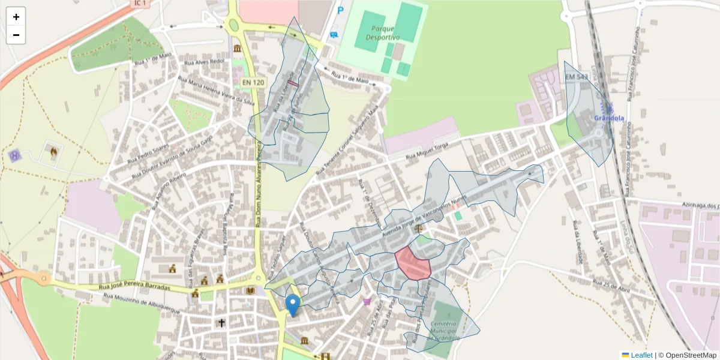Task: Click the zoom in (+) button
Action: [16, 17]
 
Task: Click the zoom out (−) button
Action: [16, 35]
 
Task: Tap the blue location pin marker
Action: [293, 305]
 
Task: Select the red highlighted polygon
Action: [413, 263]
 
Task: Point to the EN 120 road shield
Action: [253, 82]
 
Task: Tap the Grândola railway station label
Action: [608, 118]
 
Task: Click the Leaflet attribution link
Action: [641, 355]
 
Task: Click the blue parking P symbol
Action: [341, 10]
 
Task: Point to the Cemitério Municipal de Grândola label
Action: [445, 331]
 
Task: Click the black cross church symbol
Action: [221, 323]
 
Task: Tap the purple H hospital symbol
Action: [14, 155]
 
